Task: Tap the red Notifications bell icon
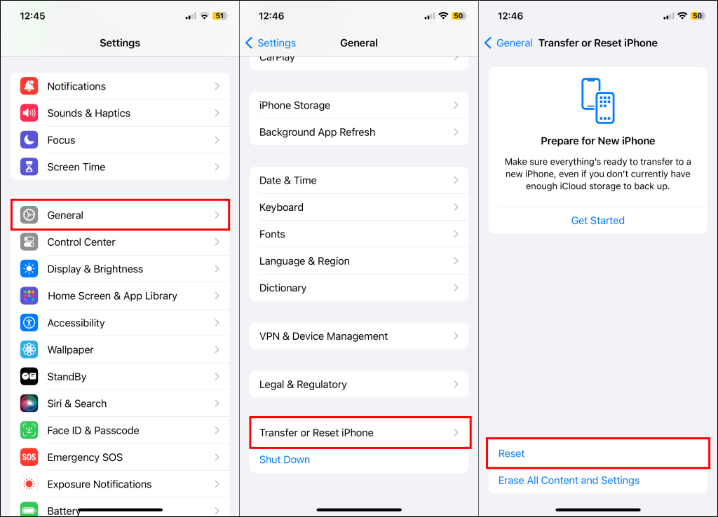pos(29,86)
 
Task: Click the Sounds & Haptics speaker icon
pos(29,113)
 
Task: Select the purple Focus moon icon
pos(29,140)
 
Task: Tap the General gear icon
pos(29,215)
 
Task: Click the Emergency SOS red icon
pos(29,457)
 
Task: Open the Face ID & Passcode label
pos(93,431)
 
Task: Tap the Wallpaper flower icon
pos(29,350)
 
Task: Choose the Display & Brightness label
pos(95,269)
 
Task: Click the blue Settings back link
pos(271,43)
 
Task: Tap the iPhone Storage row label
pos(294,105)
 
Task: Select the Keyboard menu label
pos(281,207)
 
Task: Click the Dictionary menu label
pos(283,288)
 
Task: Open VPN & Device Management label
pos(323,336)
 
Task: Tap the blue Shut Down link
pos(285,460)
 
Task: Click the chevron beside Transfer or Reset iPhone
pos(456,432)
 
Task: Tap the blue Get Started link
pos(597,221)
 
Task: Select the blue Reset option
pos(511,453)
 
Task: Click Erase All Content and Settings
pos(569,481)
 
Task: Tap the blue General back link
pos(508,43)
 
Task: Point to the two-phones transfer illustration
pos(597,101)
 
